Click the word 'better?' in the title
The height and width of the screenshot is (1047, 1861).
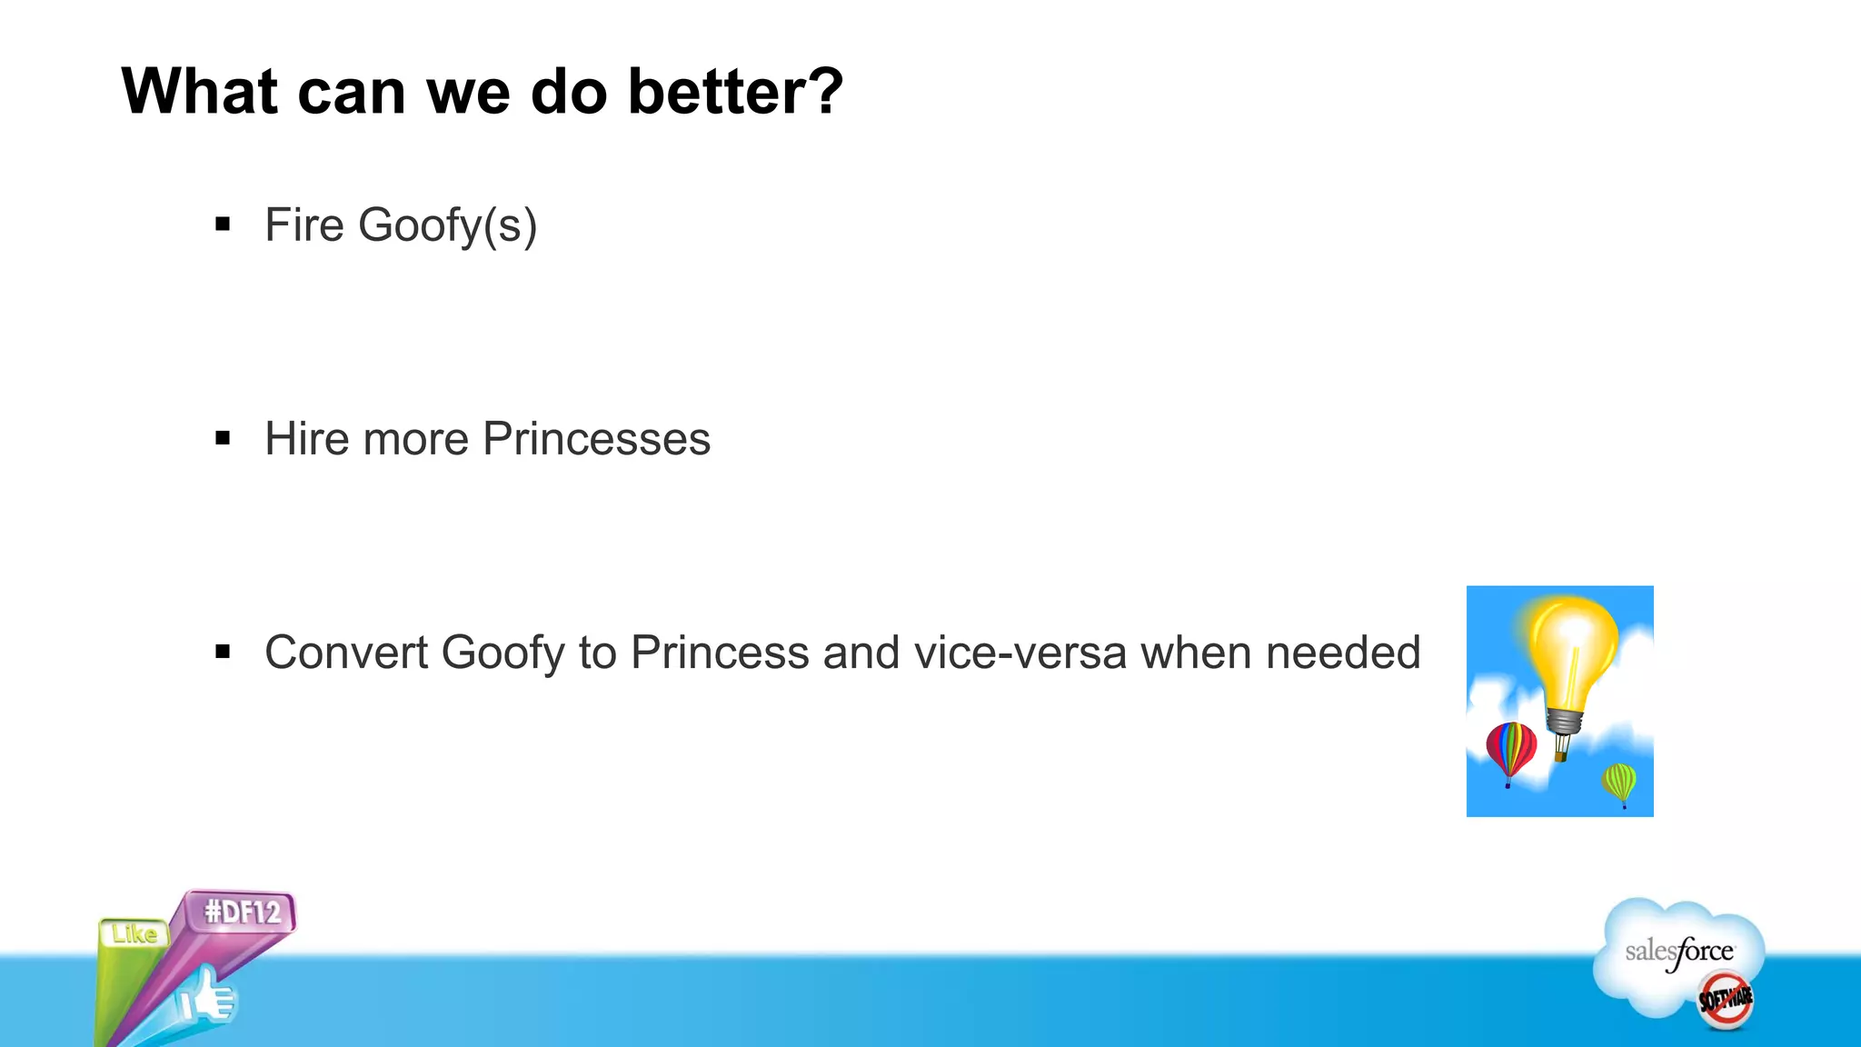coord(735,92)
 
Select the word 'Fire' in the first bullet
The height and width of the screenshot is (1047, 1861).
coord(304,225)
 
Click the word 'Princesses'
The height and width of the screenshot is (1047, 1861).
coord(596,439)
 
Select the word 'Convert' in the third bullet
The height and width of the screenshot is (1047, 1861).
coord(345,653)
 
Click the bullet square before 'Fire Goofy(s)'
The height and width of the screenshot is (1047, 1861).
coord(223,224)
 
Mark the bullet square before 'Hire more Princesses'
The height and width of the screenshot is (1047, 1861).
coord(223,439)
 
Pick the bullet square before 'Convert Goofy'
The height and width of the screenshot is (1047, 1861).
coord(223,652)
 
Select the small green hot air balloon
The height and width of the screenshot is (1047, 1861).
coord(1619,782)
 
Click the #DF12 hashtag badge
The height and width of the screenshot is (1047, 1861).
coord(243,912)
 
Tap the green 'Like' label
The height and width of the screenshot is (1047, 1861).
coord(134,933)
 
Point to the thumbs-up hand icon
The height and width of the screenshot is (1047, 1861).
coord(207,999)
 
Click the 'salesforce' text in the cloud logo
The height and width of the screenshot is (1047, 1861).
coord(1679,952)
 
